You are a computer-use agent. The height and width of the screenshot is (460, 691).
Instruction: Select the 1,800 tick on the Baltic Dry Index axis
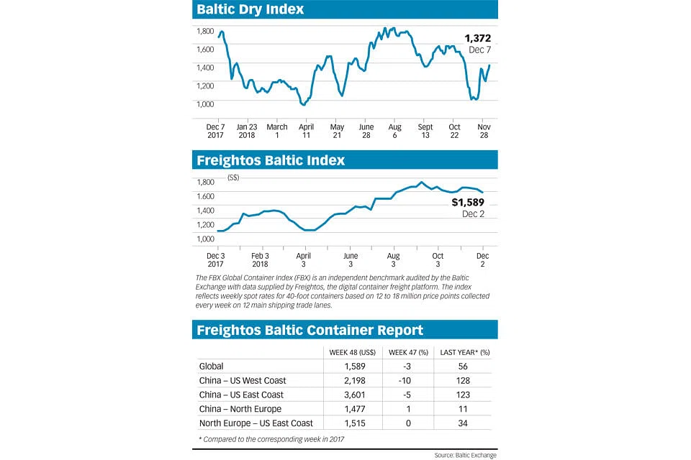pyautogui.click(x=206, y=32)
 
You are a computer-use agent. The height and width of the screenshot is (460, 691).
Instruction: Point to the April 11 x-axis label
pyautogui.click(x=306, y=131)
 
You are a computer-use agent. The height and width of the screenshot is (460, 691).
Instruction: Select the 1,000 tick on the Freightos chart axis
pyautogui.click(x=206, y=239)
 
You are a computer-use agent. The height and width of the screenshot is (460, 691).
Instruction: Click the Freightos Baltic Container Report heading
pyautogui.click(x=310, y=330)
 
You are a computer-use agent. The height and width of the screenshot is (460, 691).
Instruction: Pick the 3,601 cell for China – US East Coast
pyautogui.click(x=351, y=395)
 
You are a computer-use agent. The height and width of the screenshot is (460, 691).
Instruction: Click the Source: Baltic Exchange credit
pyautogui.click(x=464, y=455)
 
